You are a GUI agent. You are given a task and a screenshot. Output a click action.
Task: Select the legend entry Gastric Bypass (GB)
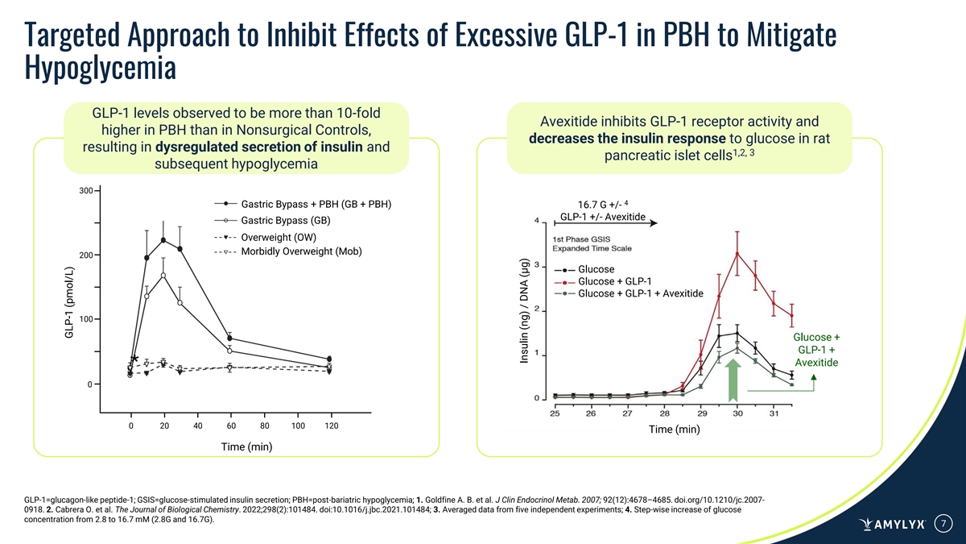pos(275,220)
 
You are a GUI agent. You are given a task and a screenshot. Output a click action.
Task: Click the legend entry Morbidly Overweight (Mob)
pos(302,252)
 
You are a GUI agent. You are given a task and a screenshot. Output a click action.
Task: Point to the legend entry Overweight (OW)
pos(279,237)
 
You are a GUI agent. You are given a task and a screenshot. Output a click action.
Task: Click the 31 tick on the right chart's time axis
pos(774,413)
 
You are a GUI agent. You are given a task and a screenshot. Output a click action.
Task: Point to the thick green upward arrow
pos(733,380)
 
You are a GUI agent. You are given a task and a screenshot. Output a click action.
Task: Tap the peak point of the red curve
pos(737,254)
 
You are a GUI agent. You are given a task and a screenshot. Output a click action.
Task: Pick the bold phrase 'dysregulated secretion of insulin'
pos(259,147)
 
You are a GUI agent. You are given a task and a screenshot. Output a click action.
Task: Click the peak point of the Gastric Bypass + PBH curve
pos(163,239)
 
